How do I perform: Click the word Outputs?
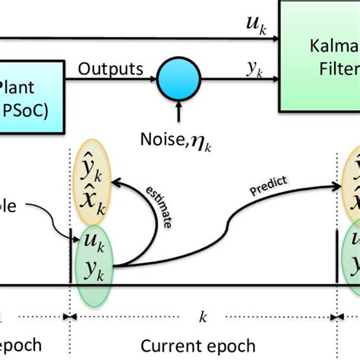[111, 69]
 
